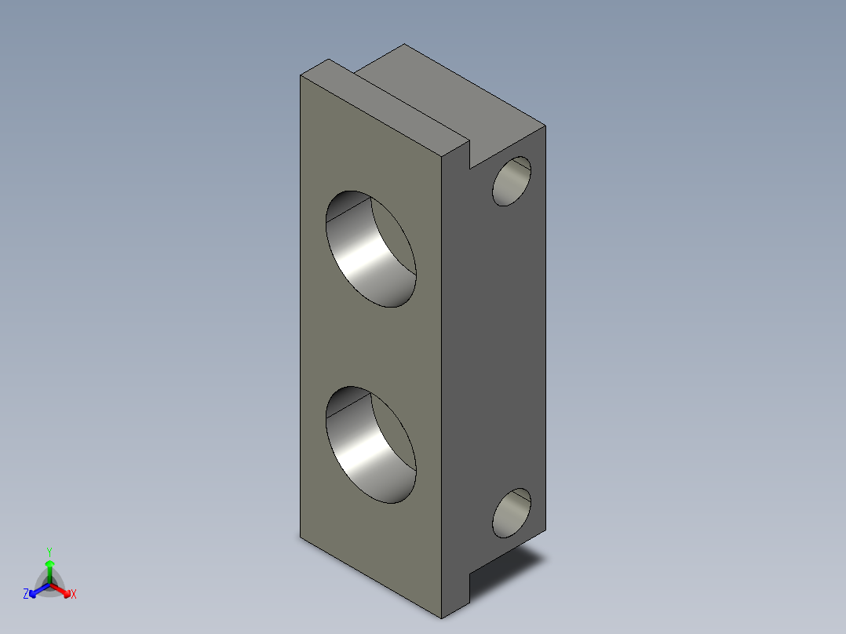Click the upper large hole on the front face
[x=370, y=249]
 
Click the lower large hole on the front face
[x=370, y=445]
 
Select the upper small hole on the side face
[x=512, y=181]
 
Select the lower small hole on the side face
[x=512, y=513]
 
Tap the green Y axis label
[x=49, y=552]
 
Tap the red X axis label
[x=74, y=594]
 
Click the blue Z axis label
[x=26, y=594]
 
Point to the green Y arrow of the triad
[x=49, y=571]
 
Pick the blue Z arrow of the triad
[x=39, y=590]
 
